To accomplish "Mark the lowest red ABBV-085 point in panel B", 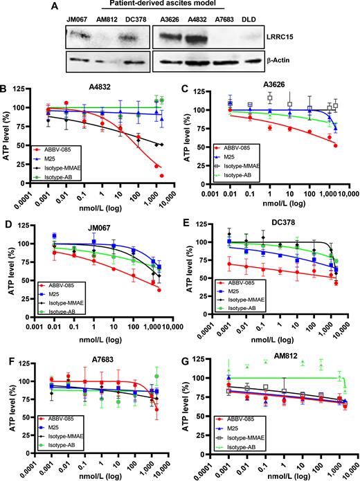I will (x=162, y=176).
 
